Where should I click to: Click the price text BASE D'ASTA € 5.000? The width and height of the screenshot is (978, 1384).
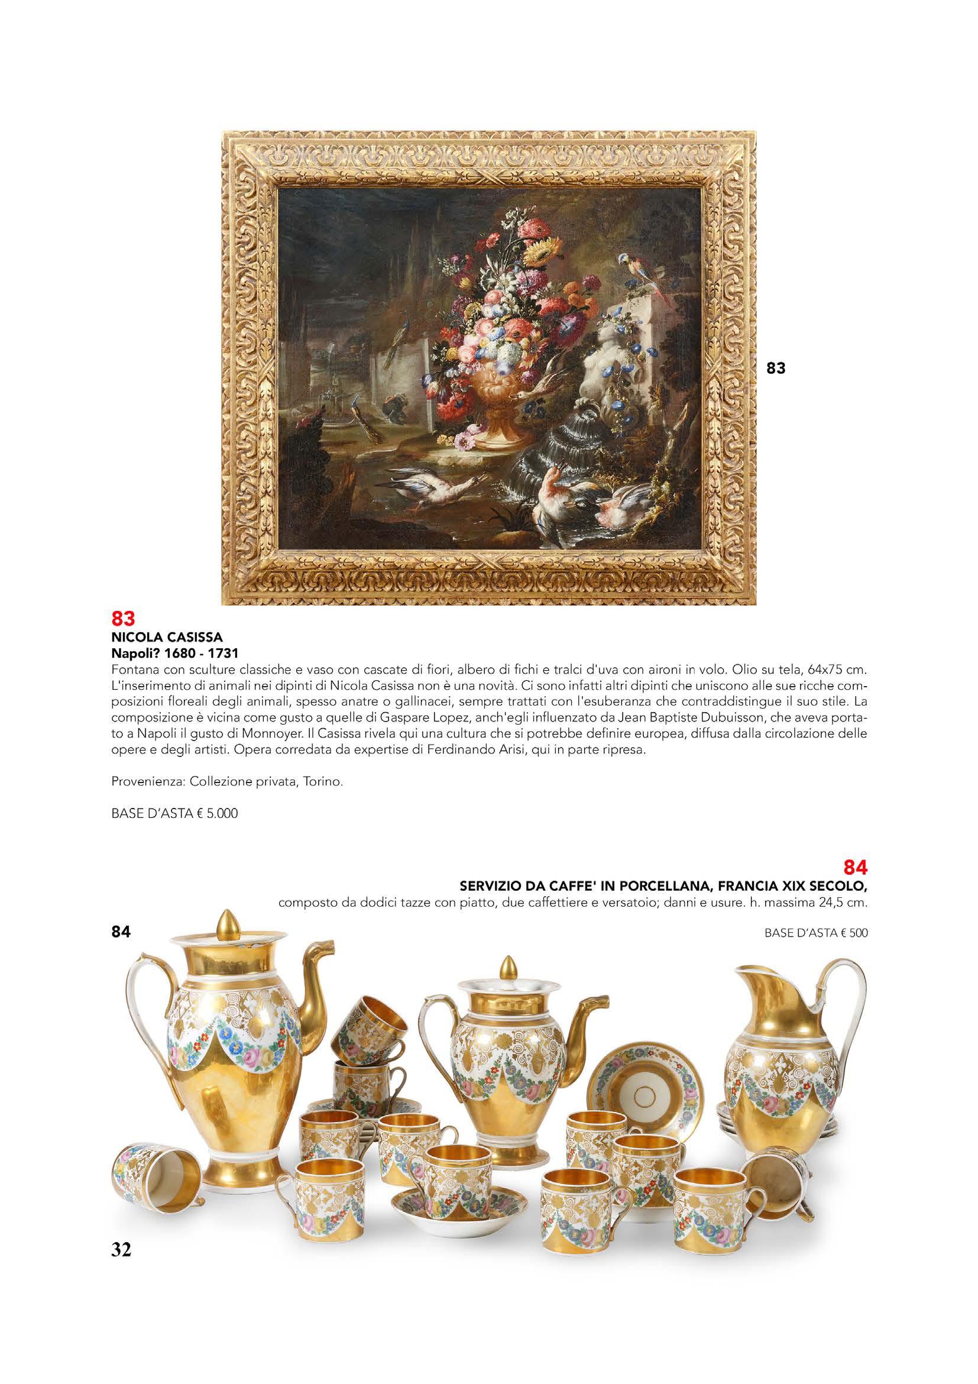pos(175,814)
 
